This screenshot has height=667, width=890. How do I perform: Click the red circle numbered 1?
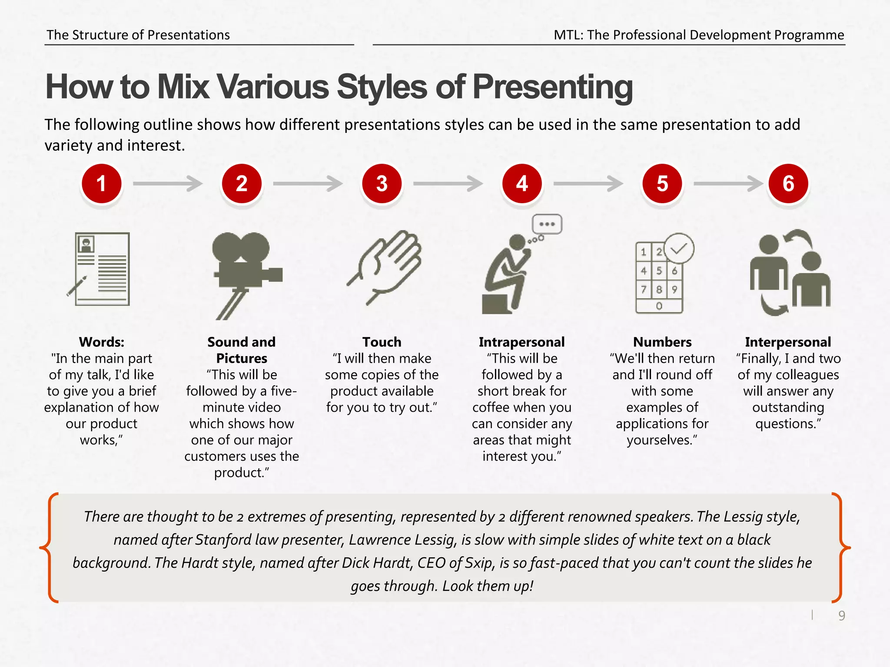tap(101, 183)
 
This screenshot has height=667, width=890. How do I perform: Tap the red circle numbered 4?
tap(522, 183)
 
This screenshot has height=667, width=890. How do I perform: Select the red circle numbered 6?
tap(788, 183)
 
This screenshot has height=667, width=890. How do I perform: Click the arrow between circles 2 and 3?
tap(308, 183)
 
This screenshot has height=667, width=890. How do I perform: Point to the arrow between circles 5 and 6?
tap(728, 183)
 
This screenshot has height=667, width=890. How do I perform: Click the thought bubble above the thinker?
tap(547, 224)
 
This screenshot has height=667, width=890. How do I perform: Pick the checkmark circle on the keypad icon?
tap(679, 248)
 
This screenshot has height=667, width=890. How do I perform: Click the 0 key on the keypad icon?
tap(659, 306)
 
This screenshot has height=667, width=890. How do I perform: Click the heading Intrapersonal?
tap(521, 342)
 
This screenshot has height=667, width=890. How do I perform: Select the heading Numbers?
tap(662, 342)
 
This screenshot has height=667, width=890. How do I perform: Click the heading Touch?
tap(382, 342)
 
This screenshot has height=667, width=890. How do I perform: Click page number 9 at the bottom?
tap(842, 616)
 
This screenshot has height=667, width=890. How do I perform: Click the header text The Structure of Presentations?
tap(138, 35)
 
